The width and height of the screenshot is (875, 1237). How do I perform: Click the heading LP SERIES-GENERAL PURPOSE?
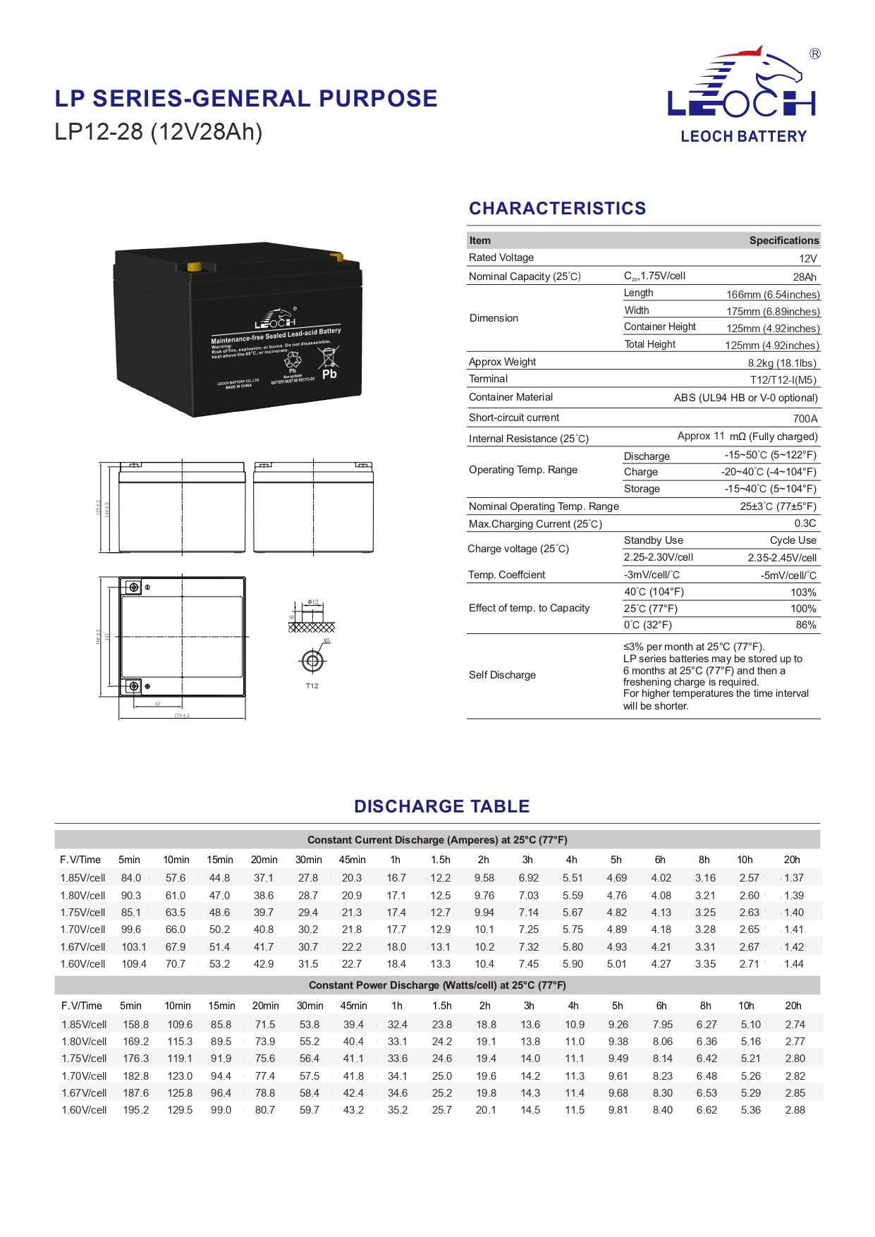coord(246,99)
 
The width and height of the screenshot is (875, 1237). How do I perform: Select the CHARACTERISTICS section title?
coord(557,209)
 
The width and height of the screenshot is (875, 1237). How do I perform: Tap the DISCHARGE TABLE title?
coord(441,806)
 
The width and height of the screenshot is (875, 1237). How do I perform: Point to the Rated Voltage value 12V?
coord(807,259)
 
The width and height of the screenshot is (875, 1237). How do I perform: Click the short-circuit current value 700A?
coord(805,418)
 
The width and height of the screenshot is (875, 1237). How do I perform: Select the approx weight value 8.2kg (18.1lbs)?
coord(782,363)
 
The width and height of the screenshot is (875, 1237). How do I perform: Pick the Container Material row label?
coord(510,398)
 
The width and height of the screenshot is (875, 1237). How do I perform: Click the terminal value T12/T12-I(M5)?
coord(783,380)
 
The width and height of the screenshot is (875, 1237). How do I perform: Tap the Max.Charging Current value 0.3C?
coord(805,524)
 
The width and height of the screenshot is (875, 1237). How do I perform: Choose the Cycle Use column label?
coord(793,541)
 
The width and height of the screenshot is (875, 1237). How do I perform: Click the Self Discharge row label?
coord(502,676)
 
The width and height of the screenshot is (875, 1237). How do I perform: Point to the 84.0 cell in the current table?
coord(131,878)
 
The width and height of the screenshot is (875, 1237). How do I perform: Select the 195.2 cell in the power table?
coord(136,1110)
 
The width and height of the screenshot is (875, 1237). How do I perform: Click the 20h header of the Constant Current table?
coord(792,860)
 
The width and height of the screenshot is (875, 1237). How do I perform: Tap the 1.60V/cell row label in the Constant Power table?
coord(84,1110)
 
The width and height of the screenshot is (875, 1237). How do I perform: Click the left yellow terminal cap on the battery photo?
coord(192,267)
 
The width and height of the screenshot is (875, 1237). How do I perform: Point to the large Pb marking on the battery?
coord(329,374)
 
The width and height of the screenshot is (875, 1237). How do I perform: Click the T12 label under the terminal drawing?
coord(312,686)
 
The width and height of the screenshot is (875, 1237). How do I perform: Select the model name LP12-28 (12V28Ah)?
coord(159,132)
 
